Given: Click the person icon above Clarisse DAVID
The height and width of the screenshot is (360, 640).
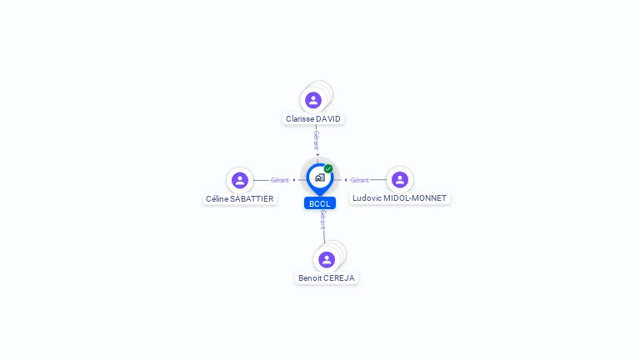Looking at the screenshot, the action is click(x=313, y=100).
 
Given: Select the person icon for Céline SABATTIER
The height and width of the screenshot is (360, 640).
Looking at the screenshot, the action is click(x=240, y=180).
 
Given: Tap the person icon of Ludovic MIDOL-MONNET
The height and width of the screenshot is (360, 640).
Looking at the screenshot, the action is click(x=400, y=180).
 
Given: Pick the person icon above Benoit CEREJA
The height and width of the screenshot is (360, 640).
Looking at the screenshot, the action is click(x=327, y=259).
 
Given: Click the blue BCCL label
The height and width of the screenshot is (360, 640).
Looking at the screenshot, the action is click(x=320, y=203).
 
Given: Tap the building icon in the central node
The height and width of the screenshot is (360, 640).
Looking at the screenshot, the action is click(x=320, y=177).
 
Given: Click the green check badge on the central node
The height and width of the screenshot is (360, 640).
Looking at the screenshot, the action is click(x=328, y=169).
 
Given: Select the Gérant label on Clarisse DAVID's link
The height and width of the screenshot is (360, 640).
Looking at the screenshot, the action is click(x=316, y=139).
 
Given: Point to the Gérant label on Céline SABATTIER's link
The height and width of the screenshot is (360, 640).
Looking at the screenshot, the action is click(x=279, y=180).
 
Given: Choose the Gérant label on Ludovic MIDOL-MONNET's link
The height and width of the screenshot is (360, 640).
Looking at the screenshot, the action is click(x=359, y=180).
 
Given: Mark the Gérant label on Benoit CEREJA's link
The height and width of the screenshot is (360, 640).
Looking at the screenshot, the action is click(x=322, y=220).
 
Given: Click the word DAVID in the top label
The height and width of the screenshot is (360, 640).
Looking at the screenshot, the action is click(x=328, y=119).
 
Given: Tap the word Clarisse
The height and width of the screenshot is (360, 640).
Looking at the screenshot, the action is click(x=300, y=119).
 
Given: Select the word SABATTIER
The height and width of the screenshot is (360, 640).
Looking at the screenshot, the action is click(x=251, y=199).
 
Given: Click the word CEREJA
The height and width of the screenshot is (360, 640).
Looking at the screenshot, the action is click(x=339, y=278).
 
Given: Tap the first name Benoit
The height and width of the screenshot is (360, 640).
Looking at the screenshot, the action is click(x=310, y=278).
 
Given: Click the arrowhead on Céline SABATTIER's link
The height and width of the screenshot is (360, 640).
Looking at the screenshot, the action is click(x=294, y=180).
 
